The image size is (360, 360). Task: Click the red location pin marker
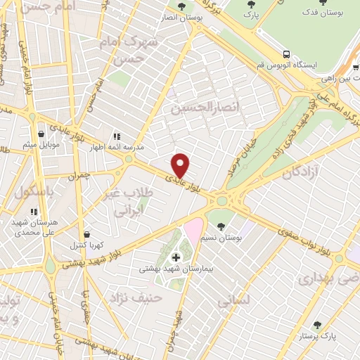[181, 165]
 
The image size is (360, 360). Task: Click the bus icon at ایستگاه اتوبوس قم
[286, 53]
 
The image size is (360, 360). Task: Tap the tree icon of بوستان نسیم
[221, 227]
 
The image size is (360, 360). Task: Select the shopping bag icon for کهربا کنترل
[86, 234]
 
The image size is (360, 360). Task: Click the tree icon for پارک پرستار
[317, 325]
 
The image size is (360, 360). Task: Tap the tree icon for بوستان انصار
[181, 6]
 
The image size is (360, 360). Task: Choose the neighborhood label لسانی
[233, 302]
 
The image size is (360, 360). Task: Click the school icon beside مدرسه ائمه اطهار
[117, 136]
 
